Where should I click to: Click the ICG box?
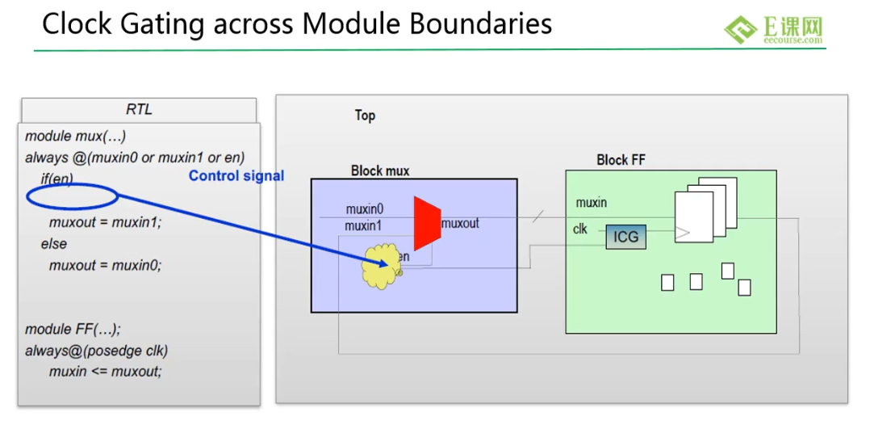point(626,238)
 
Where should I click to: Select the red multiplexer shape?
point(427,223)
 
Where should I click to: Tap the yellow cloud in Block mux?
point(380,266)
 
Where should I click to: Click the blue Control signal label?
point(236,176)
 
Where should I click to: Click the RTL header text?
point(140,109)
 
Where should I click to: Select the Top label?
point(365,116)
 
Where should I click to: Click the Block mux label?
point(380,170)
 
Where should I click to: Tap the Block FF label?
point(621,161)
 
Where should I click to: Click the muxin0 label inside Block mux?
point(365,209)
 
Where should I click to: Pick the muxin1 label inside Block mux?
point(363,226)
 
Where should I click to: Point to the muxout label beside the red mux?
point(460,224)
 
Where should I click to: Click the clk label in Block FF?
point(579,229)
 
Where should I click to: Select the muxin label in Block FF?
point(591,203)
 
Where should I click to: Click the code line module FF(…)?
point(73,329)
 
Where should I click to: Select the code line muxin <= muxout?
point(106,371)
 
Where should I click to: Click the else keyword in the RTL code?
point(54,244)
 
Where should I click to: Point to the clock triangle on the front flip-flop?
point(683,233)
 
